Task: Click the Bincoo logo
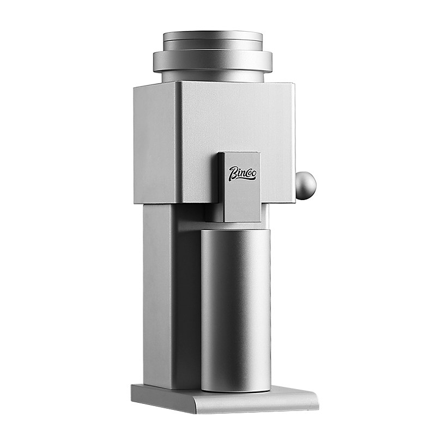pyautogui.click(x=243, y=174)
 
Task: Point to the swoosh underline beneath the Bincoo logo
pyautogui.click(x=243, y=179)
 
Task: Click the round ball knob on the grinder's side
pyautogui.click(x=306, y=182)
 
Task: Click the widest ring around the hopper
pyautogui.click(x=213, y=62)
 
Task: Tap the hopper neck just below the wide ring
pyautogui.click(x=213, y=77)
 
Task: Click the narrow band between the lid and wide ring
pyautogui.click(x=213, y=47)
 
